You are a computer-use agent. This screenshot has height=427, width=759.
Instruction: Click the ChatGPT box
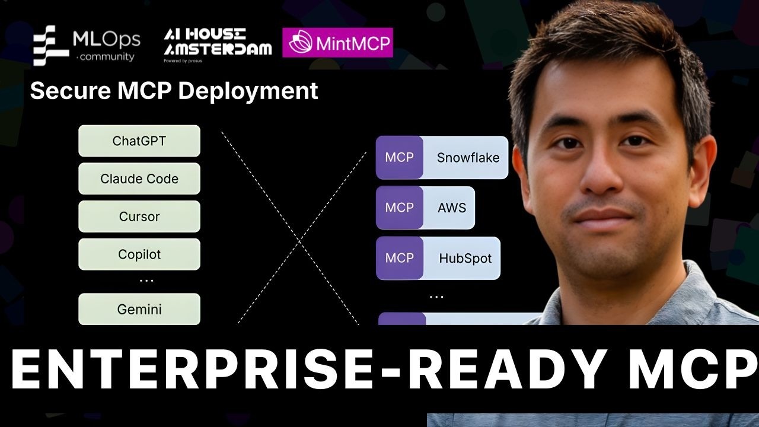[x=139, y=141]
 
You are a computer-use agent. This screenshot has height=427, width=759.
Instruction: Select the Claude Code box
[x=139, y=179]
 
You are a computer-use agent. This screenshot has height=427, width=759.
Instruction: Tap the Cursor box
[x=139, y=216]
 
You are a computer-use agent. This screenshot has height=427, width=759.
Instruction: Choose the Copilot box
[x=139, y=254]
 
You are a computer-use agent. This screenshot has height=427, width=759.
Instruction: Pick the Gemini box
[x=139, y=309]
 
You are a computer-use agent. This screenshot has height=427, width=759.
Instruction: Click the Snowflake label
[x=468, y=158]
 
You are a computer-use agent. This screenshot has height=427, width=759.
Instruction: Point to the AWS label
[x=452, y=208]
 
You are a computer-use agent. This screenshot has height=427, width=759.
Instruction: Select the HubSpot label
[x=465, y=259]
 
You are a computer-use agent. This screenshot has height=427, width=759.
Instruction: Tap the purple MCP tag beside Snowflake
[x=399, y=158]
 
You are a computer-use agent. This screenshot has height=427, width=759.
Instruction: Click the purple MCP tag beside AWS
[x=399, y=208]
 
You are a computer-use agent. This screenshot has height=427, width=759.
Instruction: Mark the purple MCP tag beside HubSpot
[x=399, y=259]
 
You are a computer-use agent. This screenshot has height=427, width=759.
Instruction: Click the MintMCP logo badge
[x=337, y=43]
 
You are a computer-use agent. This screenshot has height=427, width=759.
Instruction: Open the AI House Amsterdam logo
[x=218, y=44]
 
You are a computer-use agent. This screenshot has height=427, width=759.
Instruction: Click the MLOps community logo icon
[x=51, y=45]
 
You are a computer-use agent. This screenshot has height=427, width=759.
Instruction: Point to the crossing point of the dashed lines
[x=300, y=241]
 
